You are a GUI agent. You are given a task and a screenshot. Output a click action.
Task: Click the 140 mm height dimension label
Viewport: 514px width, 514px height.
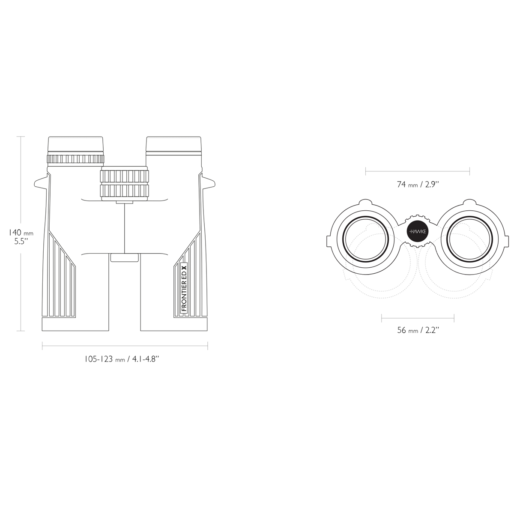point(21,237)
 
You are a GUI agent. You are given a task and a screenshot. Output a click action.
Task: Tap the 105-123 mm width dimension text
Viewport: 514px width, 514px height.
point(122,359)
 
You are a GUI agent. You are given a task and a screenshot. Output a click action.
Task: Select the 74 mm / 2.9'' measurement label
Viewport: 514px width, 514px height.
point(418,184)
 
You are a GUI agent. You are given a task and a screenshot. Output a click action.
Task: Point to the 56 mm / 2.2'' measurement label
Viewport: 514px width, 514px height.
point(418,330)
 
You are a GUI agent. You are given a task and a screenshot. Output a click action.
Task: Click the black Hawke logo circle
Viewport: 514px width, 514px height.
point(418,232)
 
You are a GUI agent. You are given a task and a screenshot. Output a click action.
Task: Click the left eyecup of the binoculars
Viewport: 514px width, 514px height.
point(75,145)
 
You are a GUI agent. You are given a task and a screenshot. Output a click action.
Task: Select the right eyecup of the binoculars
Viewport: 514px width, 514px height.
point(173,145)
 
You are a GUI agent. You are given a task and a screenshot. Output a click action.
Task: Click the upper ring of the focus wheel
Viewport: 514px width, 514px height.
point(125,176)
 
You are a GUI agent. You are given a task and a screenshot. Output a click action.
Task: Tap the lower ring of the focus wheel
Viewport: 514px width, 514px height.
point(125,191)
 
